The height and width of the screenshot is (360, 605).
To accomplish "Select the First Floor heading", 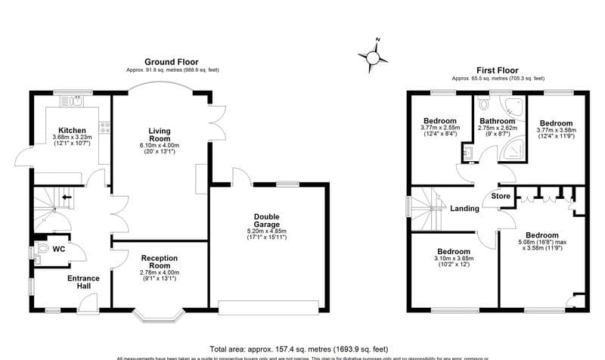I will click(x=497, y=69).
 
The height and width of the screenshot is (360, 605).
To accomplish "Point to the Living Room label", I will click(x=160, y=134).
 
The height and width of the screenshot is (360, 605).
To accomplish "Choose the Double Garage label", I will click(x=267, y=220).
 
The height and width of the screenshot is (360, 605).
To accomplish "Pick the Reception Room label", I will click(x=159, y=263).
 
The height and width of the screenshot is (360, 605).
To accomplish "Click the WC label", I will click(x=58, y=248).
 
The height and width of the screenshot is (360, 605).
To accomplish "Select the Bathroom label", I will click(x=497, y=121).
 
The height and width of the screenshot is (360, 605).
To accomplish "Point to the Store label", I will click(x=501, y=197).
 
